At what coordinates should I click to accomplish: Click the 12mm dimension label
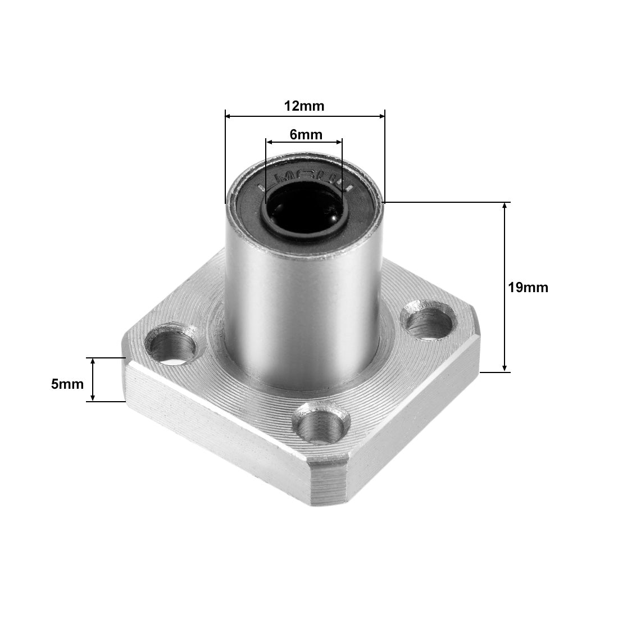click(x=304, y=106)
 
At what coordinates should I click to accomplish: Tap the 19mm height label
click(x=528, y=287)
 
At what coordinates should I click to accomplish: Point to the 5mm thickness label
click(x=67, y=384)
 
